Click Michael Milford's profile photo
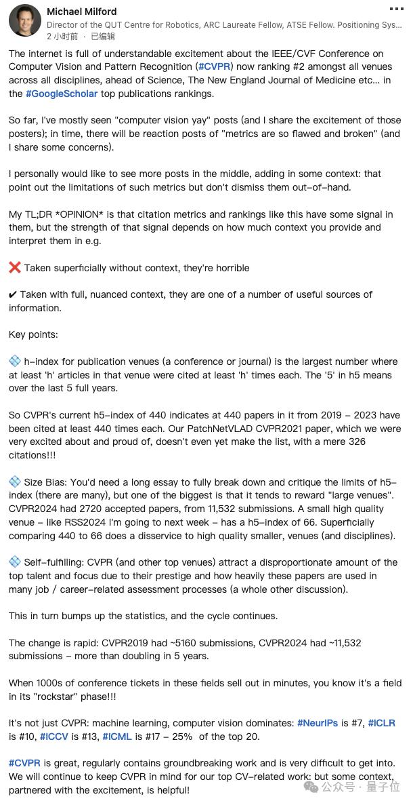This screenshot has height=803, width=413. click(24, 20)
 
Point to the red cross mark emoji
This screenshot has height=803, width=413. click(15, 268)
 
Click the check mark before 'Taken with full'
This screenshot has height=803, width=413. click(14, 294)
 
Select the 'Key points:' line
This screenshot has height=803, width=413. click(33, 334)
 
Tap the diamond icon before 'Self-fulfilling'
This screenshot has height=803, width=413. click(15, 562)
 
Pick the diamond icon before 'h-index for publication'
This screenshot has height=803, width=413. click(15, 361)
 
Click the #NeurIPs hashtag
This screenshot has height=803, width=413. click(318, 723)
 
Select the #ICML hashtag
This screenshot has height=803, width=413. click(120, 737)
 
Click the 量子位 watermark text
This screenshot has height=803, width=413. click(381, 787)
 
